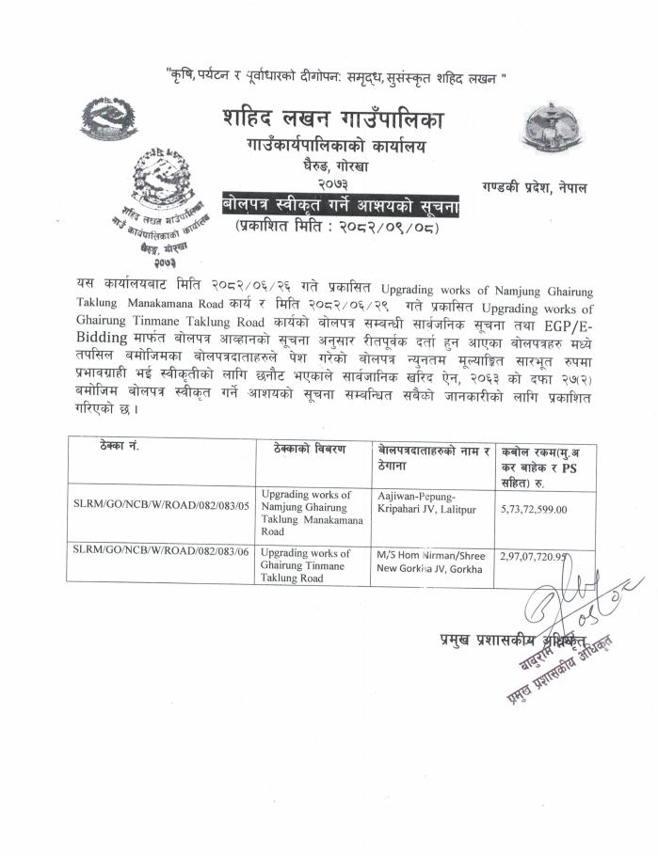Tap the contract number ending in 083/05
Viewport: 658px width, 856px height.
coord(161,505)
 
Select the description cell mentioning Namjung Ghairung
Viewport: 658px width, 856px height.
coord(306,513)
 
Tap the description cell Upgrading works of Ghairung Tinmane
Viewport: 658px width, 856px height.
coord(306,565)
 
